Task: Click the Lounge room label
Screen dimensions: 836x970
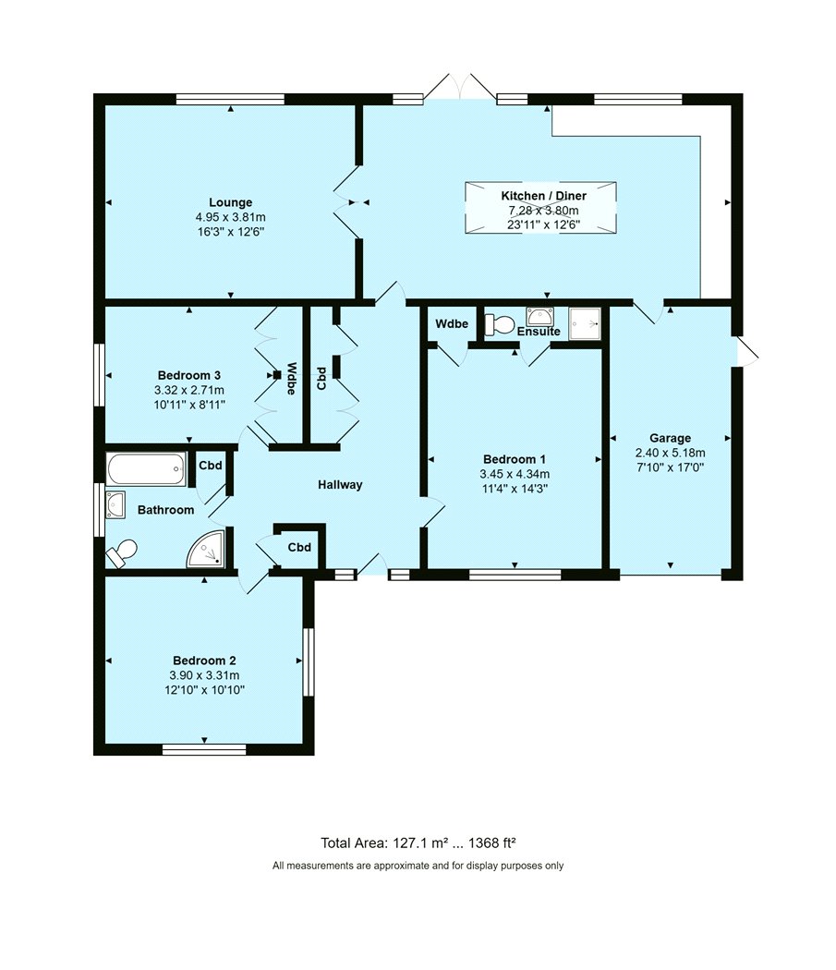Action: pos(230,202)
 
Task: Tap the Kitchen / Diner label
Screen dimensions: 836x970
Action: pos(543,196)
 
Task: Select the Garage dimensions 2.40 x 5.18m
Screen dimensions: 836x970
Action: pos(670,453)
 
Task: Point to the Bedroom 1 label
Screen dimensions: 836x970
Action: pos(515,459)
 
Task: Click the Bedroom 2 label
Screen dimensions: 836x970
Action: pos(204,661)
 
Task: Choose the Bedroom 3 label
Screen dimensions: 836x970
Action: pos(188,375)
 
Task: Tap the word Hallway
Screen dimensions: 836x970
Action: pos(340,485)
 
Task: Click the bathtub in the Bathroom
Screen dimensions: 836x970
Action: pos(146,469)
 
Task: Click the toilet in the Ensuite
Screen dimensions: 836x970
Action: pos(500,323)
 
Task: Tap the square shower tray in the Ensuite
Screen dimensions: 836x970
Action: pos(584,323)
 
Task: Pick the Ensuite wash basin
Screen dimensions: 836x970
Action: pos(539,316)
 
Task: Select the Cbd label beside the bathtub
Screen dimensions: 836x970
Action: pos(211,466)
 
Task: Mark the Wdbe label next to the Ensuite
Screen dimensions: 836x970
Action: pos(452,323)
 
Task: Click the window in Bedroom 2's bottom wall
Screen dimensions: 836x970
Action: pos(204,750)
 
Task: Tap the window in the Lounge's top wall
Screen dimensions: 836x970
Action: pos(230,99)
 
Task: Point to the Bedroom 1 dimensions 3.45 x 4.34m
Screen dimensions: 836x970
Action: pos(515,475)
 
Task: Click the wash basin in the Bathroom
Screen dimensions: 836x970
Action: pos(115,504)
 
